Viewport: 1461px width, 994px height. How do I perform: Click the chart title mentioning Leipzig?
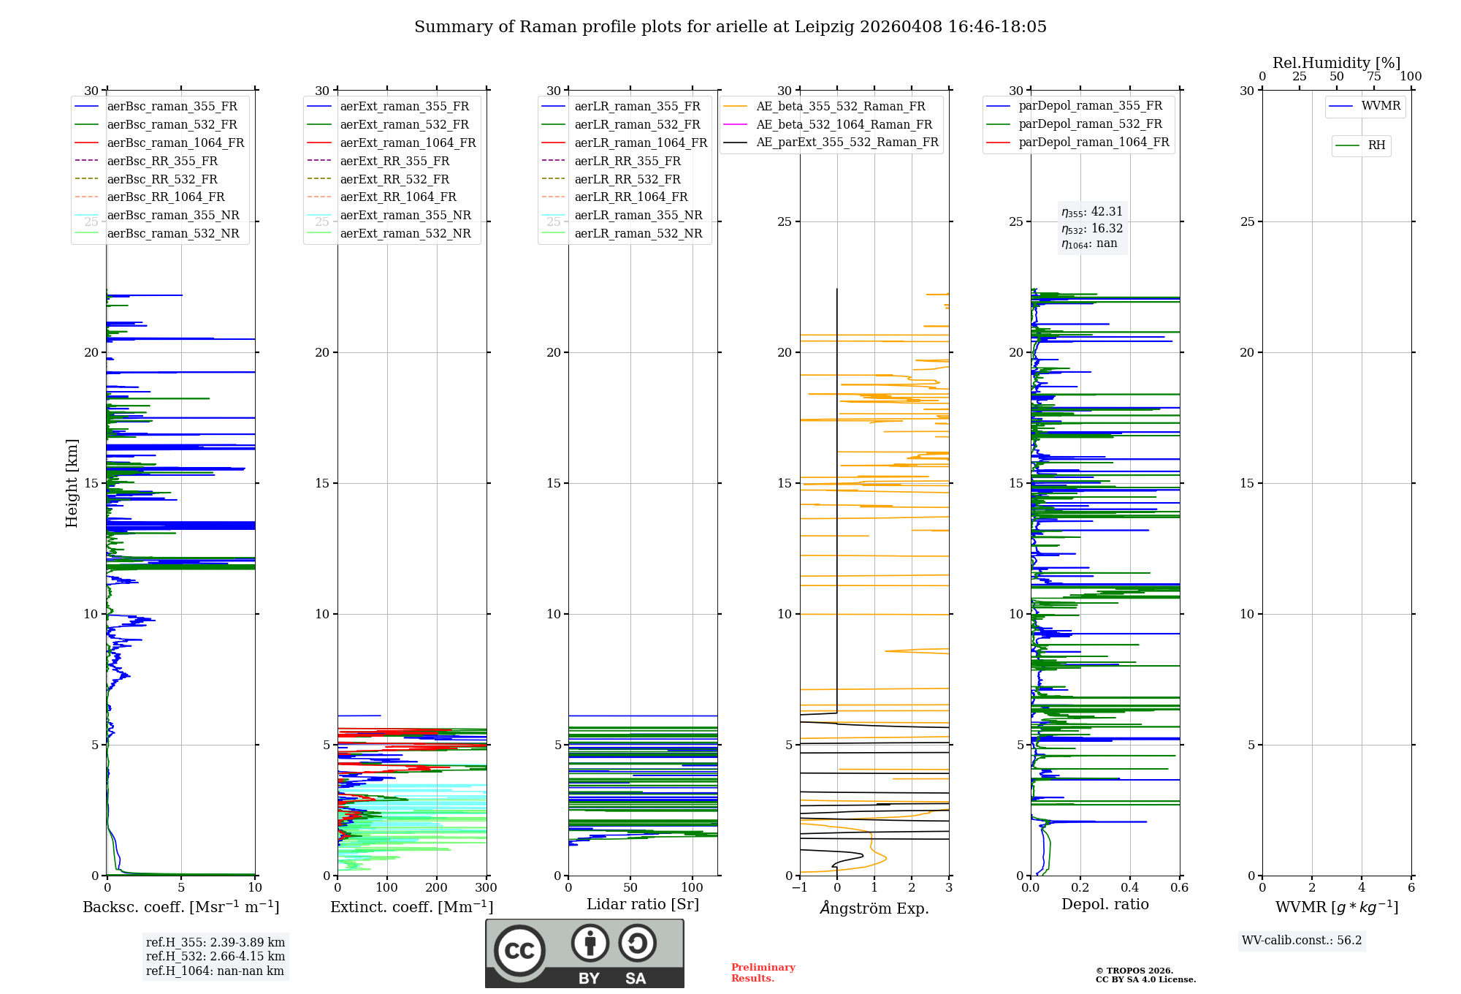730,27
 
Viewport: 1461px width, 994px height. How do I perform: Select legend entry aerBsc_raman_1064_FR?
175,143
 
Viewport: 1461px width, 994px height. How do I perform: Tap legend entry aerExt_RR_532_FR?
394,179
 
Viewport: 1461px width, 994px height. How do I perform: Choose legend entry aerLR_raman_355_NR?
638,215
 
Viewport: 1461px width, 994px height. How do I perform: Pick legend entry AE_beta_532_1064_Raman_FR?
844,124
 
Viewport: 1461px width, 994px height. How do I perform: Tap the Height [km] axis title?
72,483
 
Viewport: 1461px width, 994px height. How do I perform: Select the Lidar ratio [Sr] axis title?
643,904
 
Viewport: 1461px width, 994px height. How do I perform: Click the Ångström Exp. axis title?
874,908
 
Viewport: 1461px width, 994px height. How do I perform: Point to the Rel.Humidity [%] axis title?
1336,63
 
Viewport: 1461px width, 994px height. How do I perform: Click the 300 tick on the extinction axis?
486,888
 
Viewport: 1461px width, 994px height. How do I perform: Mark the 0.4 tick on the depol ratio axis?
1130,888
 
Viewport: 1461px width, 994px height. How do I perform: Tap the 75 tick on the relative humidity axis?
1374,77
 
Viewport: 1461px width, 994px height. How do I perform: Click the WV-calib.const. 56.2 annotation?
1302,941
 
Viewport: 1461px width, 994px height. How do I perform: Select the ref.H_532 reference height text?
215,956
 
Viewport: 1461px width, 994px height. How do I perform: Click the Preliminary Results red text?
763,973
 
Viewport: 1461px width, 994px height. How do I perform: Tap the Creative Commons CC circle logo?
519,951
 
